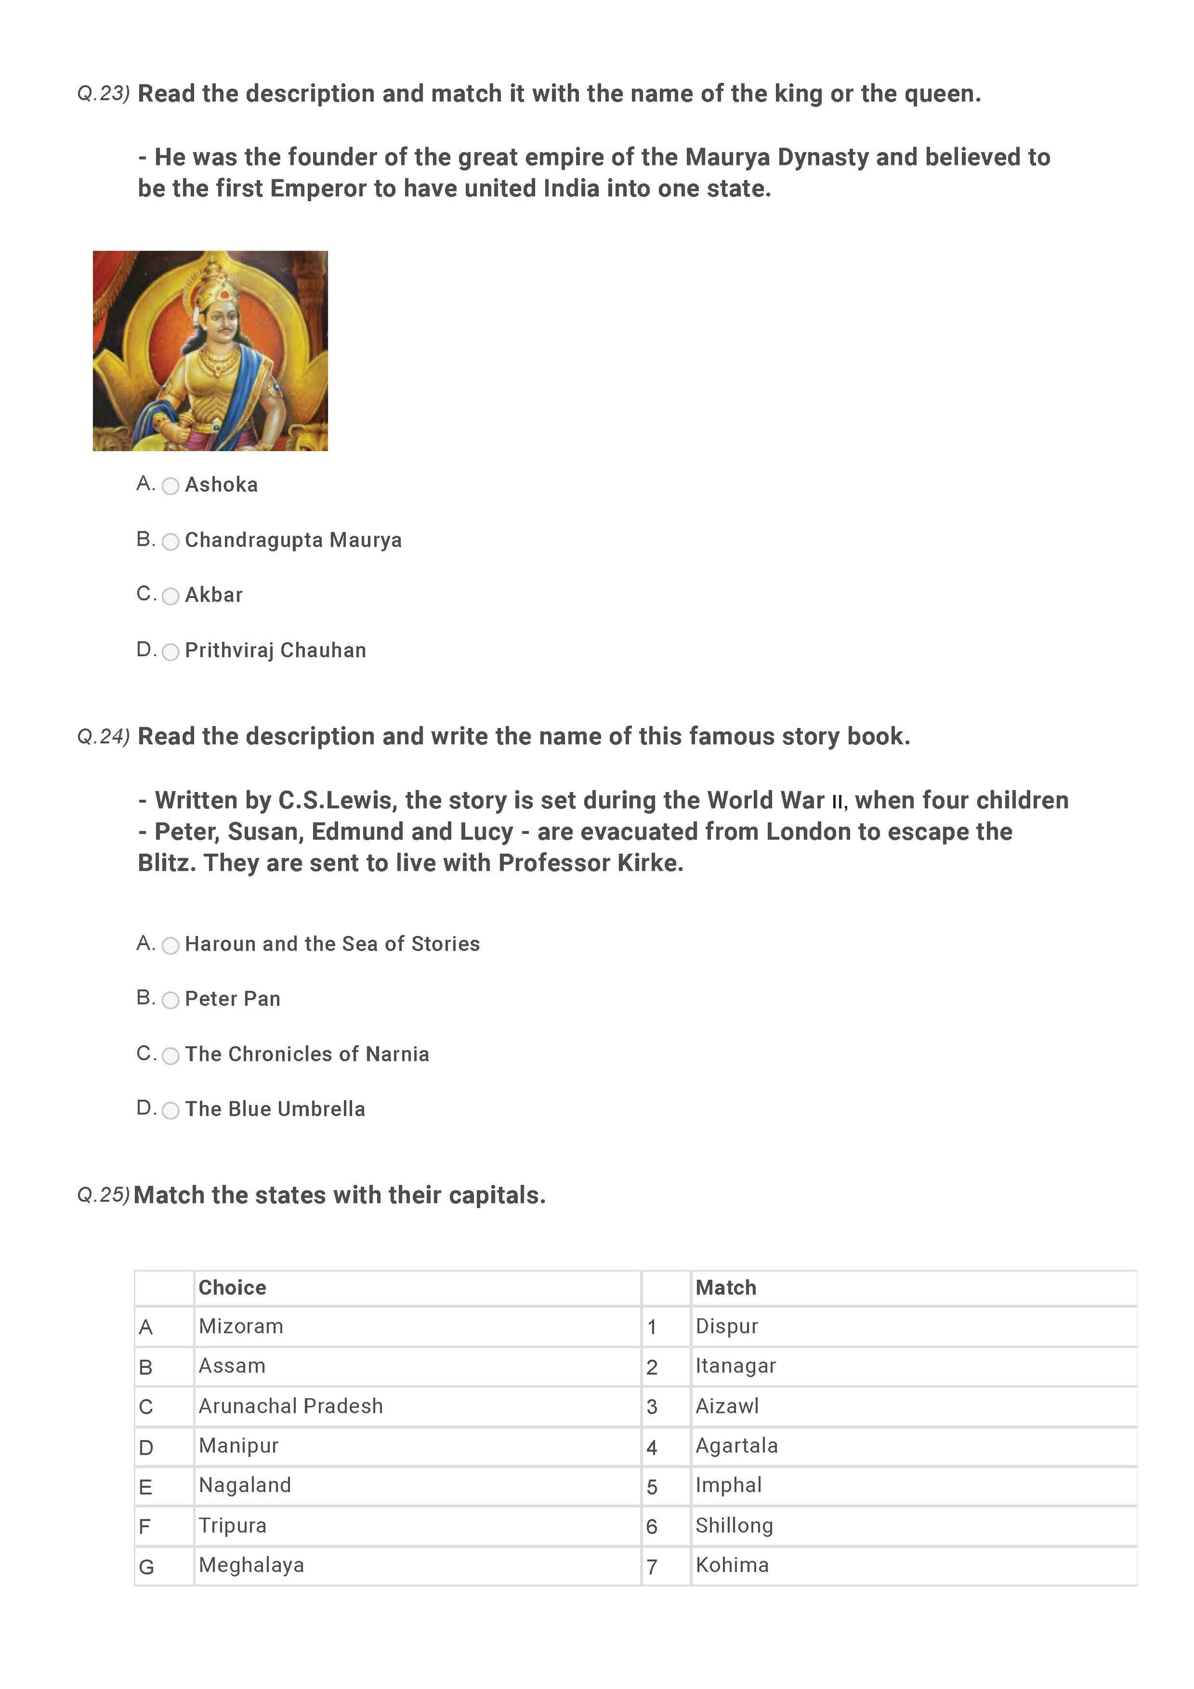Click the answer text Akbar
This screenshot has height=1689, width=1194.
coord(213,595)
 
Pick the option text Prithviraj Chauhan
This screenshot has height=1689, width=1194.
coord(275,650)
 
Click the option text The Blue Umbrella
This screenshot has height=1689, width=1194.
coord(275,1109)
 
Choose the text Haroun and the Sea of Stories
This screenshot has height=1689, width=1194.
coord(332,944)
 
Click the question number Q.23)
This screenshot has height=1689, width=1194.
coord(103,94)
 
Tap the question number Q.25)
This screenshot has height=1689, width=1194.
coord(103,1195)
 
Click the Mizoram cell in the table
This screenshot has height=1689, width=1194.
coord(241,1326)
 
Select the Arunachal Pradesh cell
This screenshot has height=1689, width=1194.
coord(290,1406)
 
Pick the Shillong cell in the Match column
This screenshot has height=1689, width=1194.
coord(734,1525)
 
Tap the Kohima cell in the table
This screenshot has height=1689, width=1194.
coord(732,1565)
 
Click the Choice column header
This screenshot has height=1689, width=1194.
coord(233,1287)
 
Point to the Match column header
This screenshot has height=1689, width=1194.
coord(725,1287)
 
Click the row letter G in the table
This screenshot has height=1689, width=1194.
coord(146,1567)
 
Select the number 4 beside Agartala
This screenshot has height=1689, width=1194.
coord(652,1447)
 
